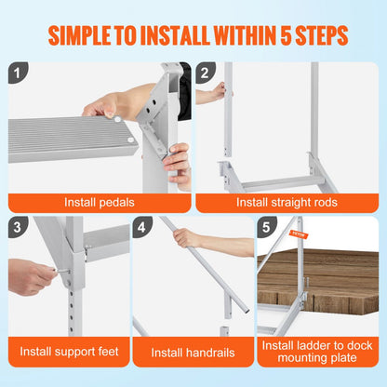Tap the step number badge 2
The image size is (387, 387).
[207, 73]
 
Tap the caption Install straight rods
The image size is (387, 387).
[287, 201]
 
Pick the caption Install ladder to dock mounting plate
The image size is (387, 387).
[317, 353]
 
